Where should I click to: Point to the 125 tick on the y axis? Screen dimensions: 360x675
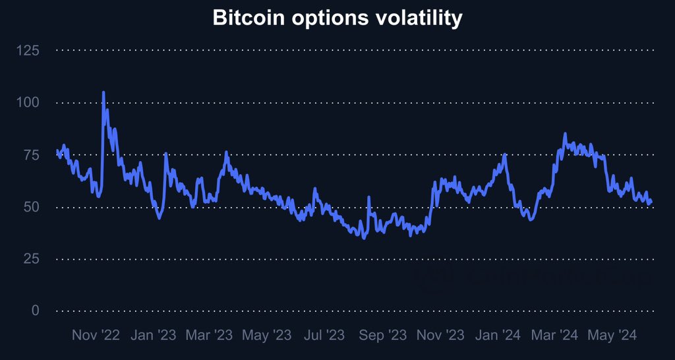pyautogui.click(x=28, y=50)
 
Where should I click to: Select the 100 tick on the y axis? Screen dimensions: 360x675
pyautogui.click(x=28, y=102)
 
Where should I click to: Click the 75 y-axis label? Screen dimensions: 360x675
pyautogui.click(x=31, y=154)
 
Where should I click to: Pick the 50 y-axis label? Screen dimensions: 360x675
pyautogui.click(x=31, y=206)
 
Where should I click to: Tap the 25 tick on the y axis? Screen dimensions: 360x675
pyautogui.click(x=31, y=258)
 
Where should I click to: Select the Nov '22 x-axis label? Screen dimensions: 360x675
pyautogui.click(x=96, y=335)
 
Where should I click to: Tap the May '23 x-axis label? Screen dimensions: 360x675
pyautogui.click(x=266, y=335)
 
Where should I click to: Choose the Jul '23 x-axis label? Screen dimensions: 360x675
pyautogui.click(x=323, y=335)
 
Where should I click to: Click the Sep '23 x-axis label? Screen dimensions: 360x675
pyautogui.click(x=382, y=335)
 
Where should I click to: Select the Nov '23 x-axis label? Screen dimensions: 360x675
pyautogui.click(x=440, y=335)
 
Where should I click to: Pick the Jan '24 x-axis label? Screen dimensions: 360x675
pyautogui.click(x=498, y=335)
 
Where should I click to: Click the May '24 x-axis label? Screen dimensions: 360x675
pyautogui.click(x=612, y=335)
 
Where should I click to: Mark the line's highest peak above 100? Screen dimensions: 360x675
pyautogui.click(x=103, y=93)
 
